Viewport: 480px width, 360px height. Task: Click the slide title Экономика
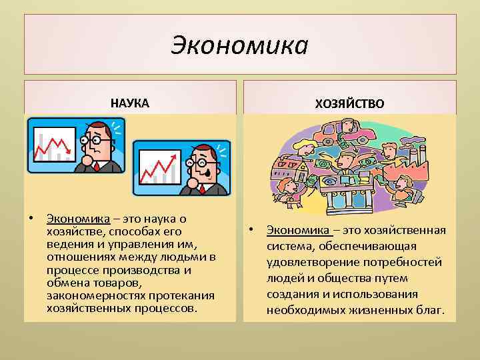pyautogui.click(x=240, y=45)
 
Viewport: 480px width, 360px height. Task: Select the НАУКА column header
pyautogui.click(x=130, y=104)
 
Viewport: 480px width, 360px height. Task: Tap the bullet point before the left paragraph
pyautogui.click(x=31, y=219)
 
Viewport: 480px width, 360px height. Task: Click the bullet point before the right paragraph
pyautogui.click(x=252, y=231)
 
